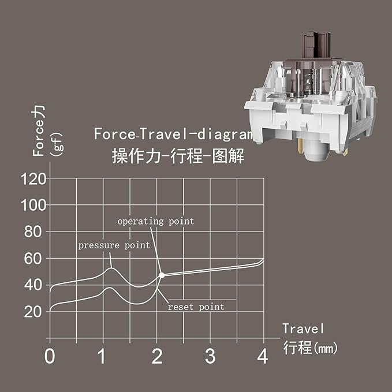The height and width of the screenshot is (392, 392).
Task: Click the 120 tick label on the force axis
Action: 33,179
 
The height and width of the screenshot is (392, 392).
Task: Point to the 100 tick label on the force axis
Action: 33,206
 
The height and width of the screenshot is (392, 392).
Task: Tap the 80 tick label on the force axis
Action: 33,232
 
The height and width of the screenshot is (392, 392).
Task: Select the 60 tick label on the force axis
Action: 33,259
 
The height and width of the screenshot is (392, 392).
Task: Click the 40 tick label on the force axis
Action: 33,285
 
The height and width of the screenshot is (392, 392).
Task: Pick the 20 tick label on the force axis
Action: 33,312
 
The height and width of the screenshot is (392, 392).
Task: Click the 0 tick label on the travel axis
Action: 50,356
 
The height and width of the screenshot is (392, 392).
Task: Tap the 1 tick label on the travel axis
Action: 102,356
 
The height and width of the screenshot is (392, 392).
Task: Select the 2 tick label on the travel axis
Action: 157,356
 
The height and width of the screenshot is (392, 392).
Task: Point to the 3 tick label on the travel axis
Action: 210,356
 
